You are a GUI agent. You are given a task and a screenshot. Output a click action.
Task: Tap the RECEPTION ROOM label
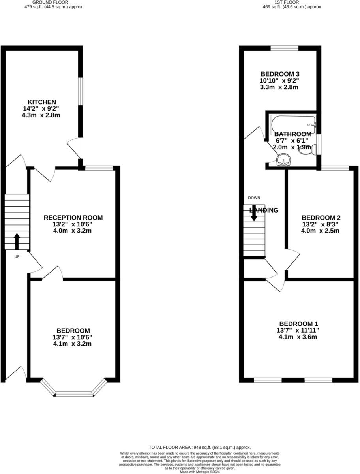click(x=73, y=218)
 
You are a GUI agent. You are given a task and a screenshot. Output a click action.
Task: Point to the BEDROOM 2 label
click(x=321, y=218)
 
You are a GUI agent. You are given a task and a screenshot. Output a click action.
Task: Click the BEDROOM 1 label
click(x=298, y=324)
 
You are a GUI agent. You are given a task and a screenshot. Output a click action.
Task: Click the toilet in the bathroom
click(x=306, y=150)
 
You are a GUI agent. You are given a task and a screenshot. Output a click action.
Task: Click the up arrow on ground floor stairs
click(x=17, y=241)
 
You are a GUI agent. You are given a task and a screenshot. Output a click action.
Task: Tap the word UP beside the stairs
click(x=17, y=256)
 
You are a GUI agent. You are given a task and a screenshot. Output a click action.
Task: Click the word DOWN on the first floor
click(x=254, y=197)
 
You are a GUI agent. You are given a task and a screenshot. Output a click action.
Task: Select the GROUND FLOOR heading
click(x=58, y=2)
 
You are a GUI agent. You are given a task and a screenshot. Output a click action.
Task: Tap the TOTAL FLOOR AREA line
click(x=199, y=447)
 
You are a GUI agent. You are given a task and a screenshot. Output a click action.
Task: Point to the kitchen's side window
click(x=80, y=91)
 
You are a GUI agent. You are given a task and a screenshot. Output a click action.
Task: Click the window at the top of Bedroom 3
click(x=284, y=48)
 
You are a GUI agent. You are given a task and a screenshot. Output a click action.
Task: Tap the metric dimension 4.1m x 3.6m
click(x=298, y=337)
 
